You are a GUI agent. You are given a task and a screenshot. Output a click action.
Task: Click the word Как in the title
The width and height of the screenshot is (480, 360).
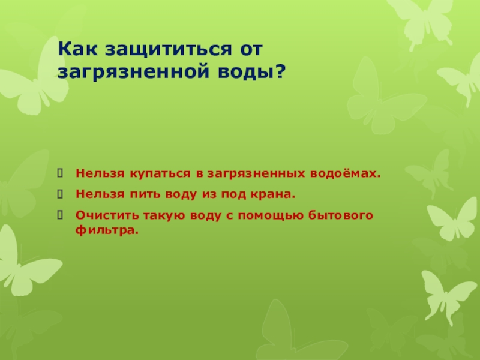[x=78, y=49]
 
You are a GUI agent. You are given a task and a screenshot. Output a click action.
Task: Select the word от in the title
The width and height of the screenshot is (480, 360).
[x=251, y=50]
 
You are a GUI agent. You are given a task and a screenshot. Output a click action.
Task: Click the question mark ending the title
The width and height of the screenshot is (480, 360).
[x=280, y=71]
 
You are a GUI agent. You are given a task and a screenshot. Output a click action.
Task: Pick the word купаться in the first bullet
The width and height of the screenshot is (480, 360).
[x=160, y=174]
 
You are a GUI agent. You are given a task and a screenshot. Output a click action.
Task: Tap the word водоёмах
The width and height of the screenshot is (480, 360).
[x=346, y=173]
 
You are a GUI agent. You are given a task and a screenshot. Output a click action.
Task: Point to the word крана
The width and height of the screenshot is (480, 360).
[x=273, y=194]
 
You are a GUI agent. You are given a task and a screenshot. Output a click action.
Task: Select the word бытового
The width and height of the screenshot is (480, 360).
[x=340, y=215]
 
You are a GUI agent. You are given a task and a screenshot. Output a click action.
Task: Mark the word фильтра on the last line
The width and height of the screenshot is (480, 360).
[x=107, y=230]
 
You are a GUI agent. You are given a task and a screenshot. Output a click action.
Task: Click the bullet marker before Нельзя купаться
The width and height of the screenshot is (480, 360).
[x=60, y=173]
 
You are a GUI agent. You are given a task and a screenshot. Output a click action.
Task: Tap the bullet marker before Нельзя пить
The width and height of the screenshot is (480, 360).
[x=60, y=194]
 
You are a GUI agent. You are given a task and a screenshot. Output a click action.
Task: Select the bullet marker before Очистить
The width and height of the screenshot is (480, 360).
[x=60, y=215]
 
